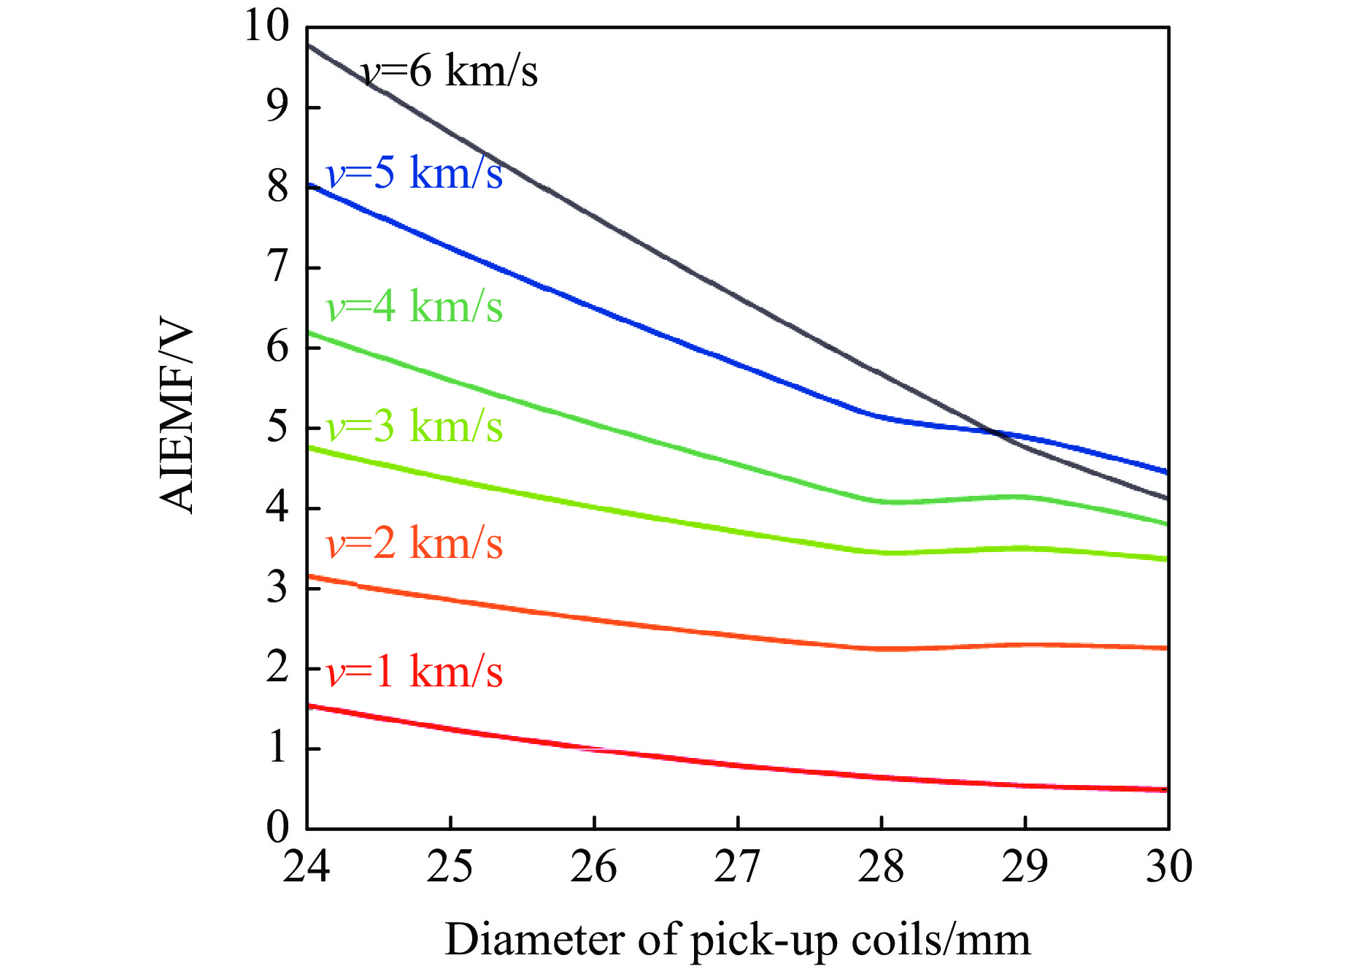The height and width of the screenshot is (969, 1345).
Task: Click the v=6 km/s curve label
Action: point(450,72)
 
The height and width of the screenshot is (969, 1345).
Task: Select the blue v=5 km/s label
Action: point(415,174)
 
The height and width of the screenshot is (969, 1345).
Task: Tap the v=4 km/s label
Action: point(415,306)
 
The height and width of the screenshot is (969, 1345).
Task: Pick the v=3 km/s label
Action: point(415,426)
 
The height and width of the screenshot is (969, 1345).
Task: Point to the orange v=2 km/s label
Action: point(415,544)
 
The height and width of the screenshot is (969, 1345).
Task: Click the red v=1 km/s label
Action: point(415,672)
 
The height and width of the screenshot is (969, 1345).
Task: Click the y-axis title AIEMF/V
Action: point(177,417)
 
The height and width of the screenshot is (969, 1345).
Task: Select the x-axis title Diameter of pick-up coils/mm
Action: point(737,940)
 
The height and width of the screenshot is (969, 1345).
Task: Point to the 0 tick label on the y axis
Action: point(277,828)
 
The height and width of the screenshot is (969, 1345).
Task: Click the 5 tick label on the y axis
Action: point(277,427)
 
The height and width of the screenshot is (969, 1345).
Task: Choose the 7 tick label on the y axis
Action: point(277,267)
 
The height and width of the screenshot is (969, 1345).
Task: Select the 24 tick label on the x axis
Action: point(307,867)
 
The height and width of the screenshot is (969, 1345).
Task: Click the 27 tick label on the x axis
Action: point(738,867)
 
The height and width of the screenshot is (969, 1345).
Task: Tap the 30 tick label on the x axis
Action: point(1168,867)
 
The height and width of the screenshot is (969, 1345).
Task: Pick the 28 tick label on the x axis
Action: point(882,867)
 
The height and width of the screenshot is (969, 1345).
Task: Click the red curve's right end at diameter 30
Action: point(1167,789)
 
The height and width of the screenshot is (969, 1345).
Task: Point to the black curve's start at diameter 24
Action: point(309,45)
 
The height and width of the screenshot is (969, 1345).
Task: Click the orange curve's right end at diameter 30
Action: point(1167,648)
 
